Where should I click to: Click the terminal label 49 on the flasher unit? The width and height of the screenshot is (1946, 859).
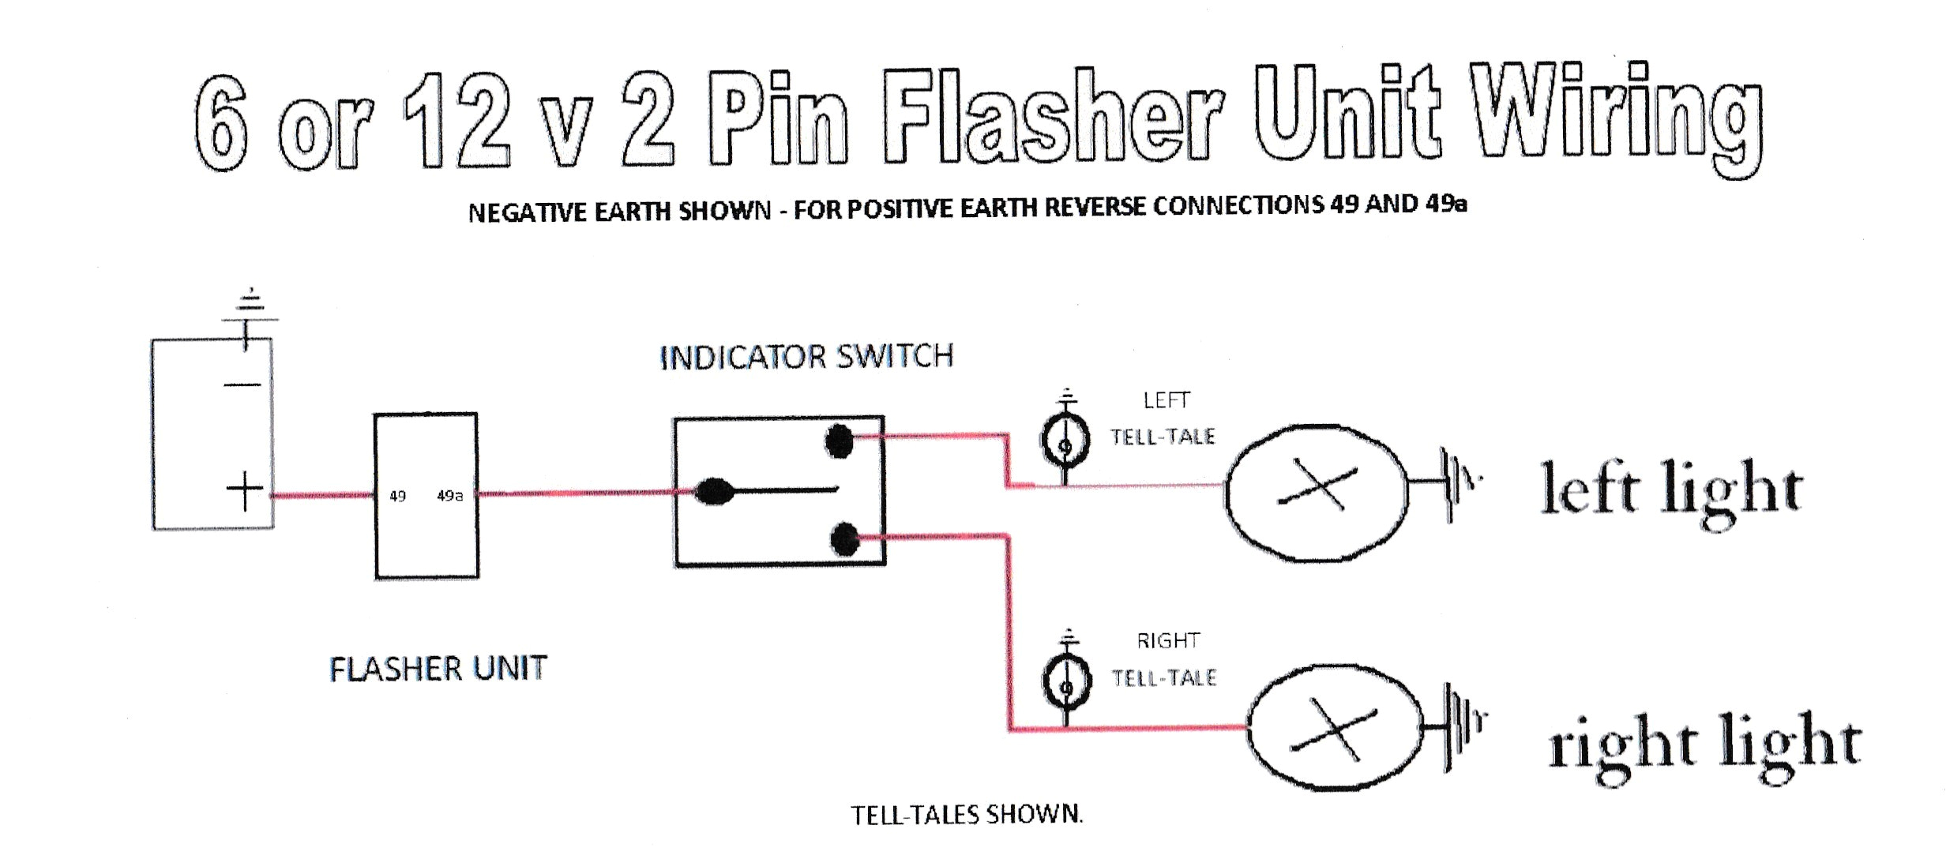coord(397,496)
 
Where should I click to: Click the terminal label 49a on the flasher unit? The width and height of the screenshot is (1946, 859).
coord(449,496)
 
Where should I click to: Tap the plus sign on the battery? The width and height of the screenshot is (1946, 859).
coord(244,491)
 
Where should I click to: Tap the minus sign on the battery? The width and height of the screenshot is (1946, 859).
coord(242,385)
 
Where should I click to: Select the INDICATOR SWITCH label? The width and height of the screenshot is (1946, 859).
coord(806,357)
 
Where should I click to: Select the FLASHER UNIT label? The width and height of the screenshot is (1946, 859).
coord(438,669)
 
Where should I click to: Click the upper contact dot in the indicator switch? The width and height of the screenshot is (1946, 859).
coord(839,441)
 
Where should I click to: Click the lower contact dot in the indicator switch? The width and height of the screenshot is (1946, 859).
coord(845,540)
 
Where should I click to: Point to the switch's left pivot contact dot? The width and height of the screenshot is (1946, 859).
coord(714,491)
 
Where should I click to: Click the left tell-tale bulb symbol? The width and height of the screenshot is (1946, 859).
coord(1065,442)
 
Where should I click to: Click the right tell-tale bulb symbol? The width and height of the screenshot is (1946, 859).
coord(1067,684)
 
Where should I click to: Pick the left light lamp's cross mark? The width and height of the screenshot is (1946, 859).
coord(1317,489)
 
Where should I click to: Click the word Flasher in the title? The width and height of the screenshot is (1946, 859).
coord(1051,118)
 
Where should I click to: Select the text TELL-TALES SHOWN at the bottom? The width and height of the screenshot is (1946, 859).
coord(965,814)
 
